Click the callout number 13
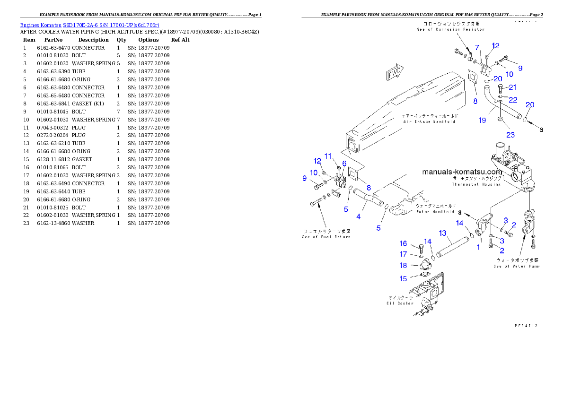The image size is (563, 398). (442, 233)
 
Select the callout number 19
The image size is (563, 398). (482, 120)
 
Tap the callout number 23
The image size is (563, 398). (510, 135)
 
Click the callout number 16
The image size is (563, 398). (403, 243)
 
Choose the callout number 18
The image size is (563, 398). (403, 266)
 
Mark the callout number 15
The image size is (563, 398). (403, 279)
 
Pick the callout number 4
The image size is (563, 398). (359, 217)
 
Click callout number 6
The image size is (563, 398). (344, 163)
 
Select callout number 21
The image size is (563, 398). (512, 87)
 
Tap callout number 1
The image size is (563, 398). (478, 247)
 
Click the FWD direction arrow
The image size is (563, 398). (394, 73)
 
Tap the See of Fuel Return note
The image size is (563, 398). (326, 234)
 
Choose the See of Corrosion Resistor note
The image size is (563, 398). (450, 26)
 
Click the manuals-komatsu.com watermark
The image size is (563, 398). (462, 172)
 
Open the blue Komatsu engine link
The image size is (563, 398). (89, 25)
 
